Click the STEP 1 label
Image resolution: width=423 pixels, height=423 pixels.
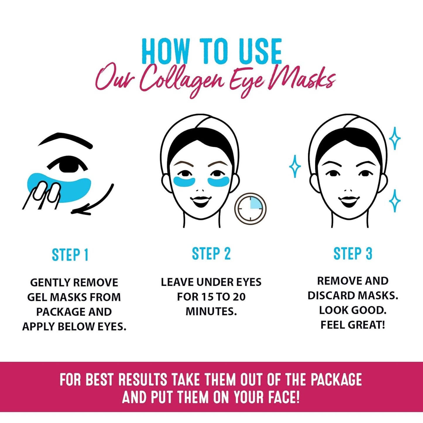point(70,255)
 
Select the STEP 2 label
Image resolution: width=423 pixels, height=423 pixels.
point(211,254)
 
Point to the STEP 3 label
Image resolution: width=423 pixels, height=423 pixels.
point(353,254)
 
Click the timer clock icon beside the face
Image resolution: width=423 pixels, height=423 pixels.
point(250,209)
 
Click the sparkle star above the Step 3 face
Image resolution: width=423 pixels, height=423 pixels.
point(395,138)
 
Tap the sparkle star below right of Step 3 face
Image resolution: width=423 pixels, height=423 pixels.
point(395,201)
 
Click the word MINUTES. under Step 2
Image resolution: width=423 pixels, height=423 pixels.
point(211,311)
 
